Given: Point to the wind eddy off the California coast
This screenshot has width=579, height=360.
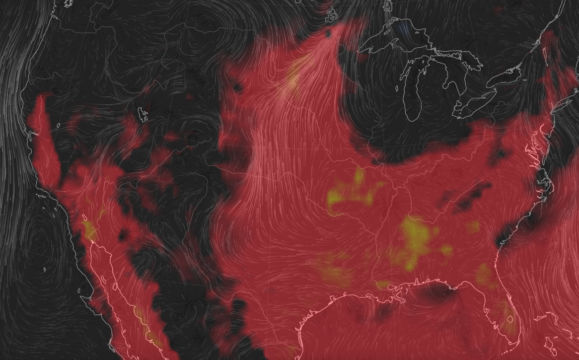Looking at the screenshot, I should [37, 238].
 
